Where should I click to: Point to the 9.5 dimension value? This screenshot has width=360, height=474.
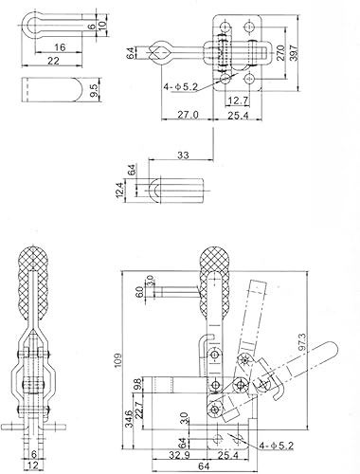(96, 91)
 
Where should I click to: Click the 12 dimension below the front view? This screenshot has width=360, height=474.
(33, 466)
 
